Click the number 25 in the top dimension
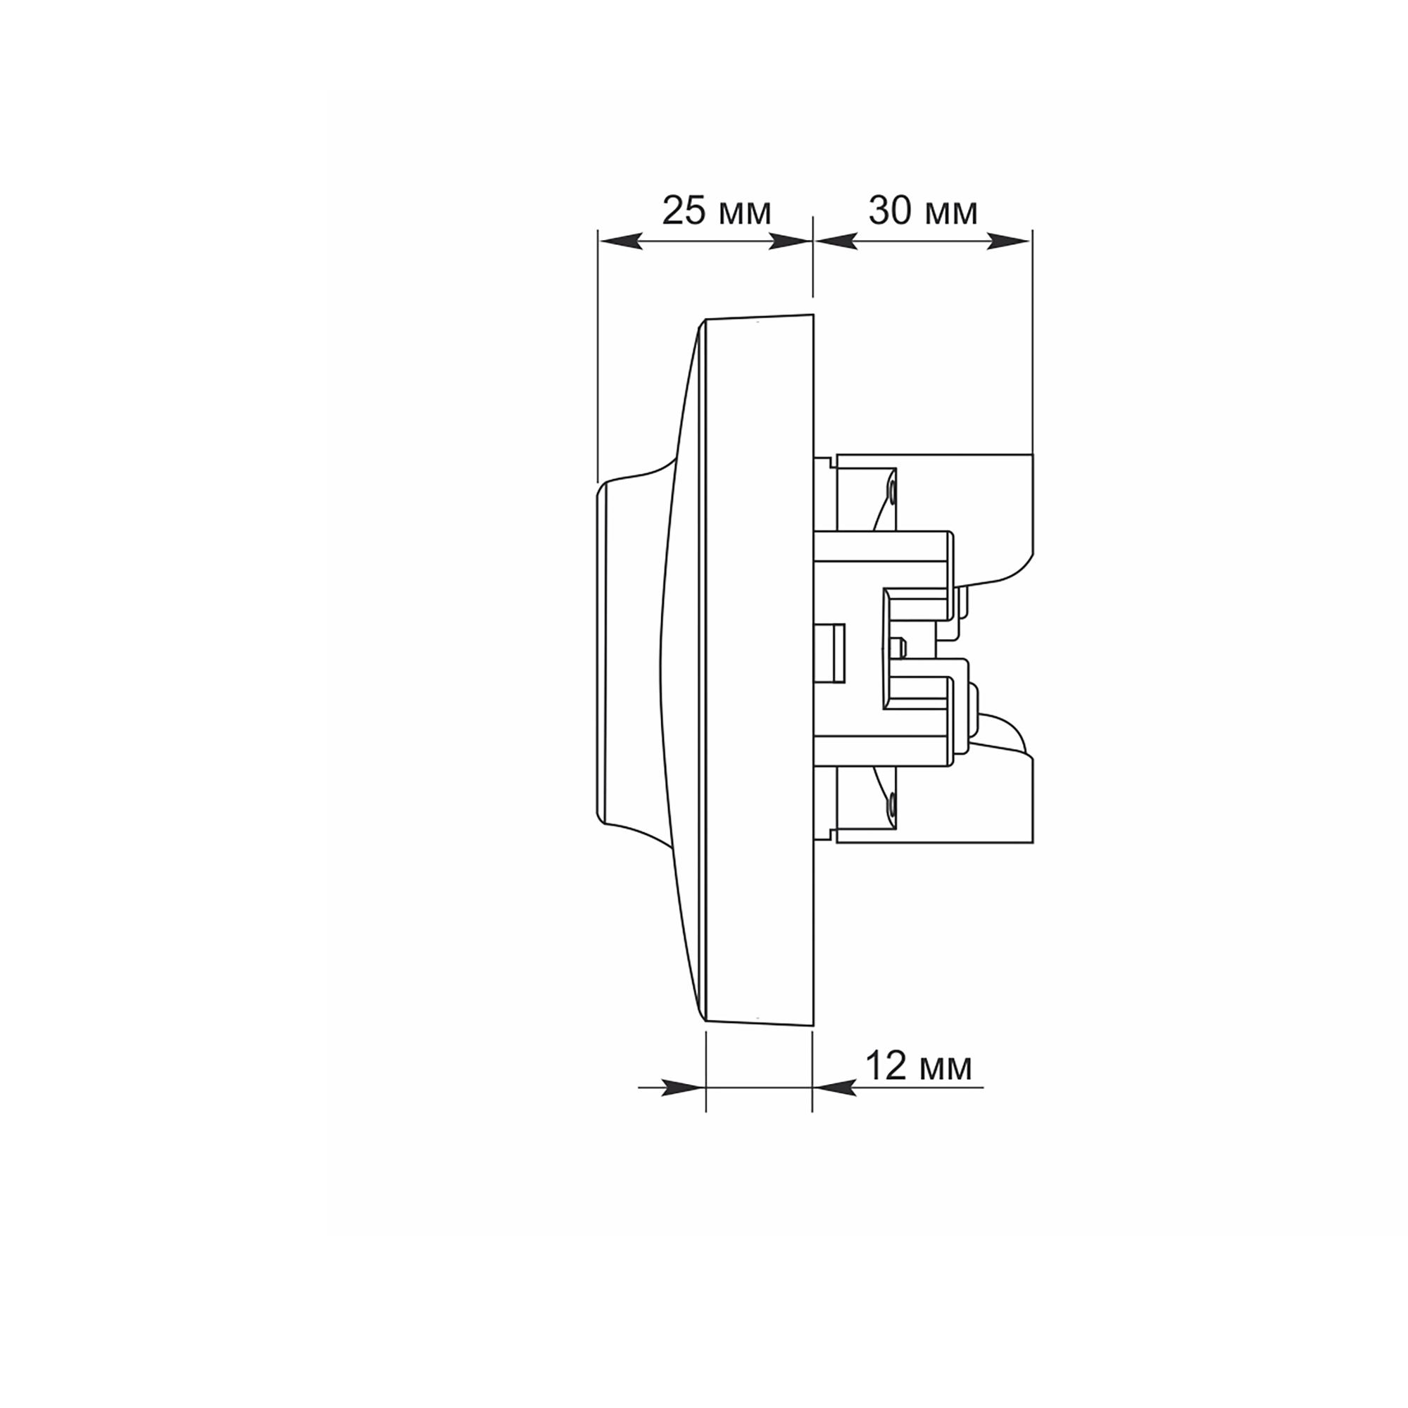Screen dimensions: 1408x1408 684,210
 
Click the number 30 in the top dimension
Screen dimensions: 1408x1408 891,210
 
